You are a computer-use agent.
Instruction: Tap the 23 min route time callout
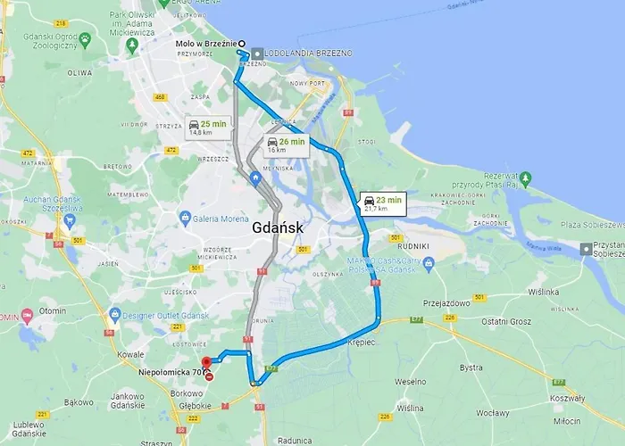pyautogui.click(x=383, y=204)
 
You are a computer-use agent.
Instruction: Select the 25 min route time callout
pyautogui.click(x=207, y=128)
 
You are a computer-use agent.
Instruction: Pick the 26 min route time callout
pyautogui.click(x=286, y=145)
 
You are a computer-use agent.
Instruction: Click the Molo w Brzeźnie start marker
pyautogui.click(x=241, y=43)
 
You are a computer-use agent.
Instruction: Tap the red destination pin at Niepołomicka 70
pyautogui.click(x=206, y=362)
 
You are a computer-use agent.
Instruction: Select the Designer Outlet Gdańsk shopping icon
pyautogui.click(x=114, y=314)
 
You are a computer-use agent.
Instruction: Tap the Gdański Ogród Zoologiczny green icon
pyautogui.click(x=85, y=39)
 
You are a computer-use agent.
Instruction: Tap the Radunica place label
pyautogui.click(x=295, y=440)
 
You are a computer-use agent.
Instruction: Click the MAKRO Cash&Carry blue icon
pyautogui.click(x=429, y=262)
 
